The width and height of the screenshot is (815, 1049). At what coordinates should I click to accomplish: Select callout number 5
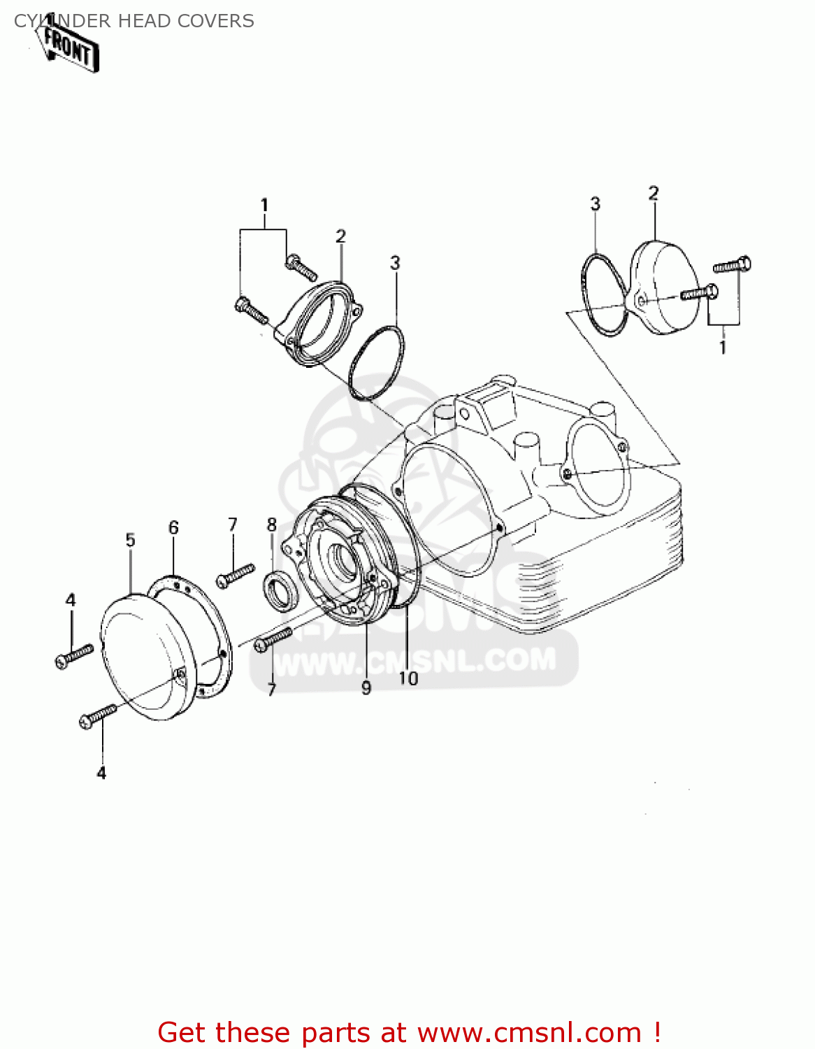click(x=131, y=540)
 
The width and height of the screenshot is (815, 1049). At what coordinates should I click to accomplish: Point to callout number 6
click(x=173, y=528)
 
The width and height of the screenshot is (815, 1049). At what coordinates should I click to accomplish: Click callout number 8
click(x=272, y=524)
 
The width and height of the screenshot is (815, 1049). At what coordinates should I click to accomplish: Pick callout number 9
click(x=366, y=688)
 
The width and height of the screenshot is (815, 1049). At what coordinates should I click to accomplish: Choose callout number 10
click(x=408, y=678)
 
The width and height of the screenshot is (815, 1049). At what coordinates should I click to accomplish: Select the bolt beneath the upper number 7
click(x=236, y=576)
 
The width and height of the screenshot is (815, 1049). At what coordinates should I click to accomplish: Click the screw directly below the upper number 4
click(x=73, y=655)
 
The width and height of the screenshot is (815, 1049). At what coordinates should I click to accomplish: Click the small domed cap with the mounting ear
click(x=664, y=287)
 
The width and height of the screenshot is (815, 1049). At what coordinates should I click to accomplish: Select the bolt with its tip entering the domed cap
click(x=698, y=292)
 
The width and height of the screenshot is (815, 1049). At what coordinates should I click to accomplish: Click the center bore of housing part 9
click(x=345, y=559)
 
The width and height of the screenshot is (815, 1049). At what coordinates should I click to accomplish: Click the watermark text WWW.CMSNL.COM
click(x=415, y=660)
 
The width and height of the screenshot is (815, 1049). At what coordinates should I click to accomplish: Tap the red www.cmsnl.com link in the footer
click(x=529, y=1033)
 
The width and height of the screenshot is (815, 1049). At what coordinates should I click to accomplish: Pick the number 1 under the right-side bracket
click(x=723, y=347)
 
